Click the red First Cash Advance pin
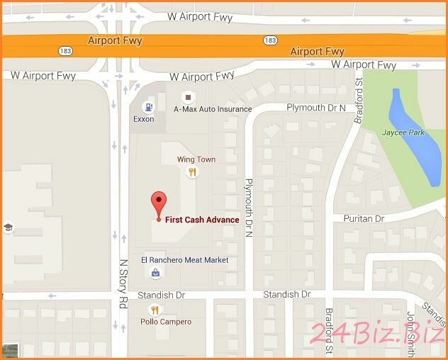pos(159,203)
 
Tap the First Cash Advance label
pos(202,220)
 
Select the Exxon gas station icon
pos(148,107)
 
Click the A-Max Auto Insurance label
pos(213,109)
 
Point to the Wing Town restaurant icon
pos(191,171)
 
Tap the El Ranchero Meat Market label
pos(184,260)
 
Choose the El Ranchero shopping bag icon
pos(155,272)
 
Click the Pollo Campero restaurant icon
pos(155,310)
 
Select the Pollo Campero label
pos(166,322)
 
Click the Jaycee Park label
pos(403,133)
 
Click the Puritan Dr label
pos(364,219)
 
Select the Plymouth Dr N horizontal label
pos(315,108)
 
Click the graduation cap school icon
pos(9,227)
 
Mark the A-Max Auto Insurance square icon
pos(188,97)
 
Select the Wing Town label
pos(196,159)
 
